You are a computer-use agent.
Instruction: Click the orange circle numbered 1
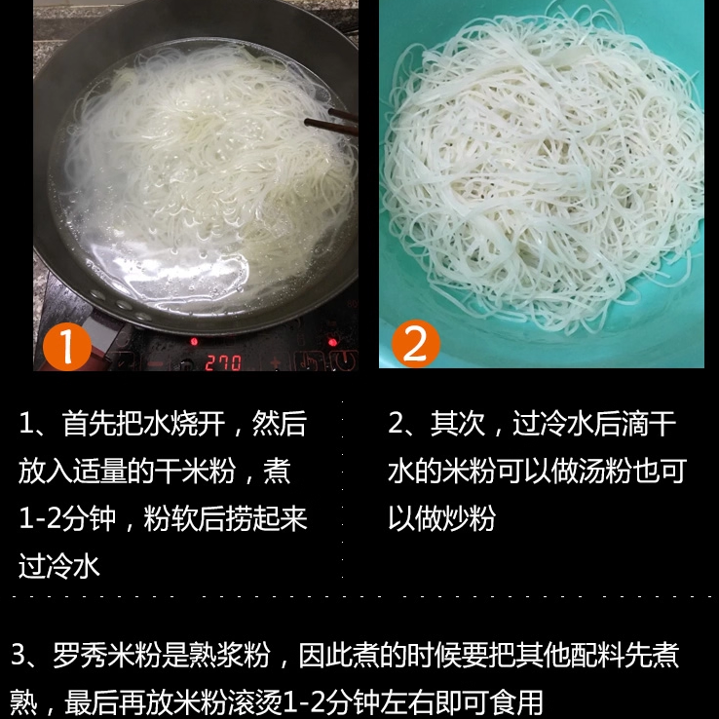pos(67,345)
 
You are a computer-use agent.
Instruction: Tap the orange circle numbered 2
pos(416,344)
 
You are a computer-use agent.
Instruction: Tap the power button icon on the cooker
pos(344,361)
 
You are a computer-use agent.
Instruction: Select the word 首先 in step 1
pos(89,424)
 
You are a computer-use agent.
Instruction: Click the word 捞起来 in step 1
pos(263,518)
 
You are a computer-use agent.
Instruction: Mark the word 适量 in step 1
pos(101,472)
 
